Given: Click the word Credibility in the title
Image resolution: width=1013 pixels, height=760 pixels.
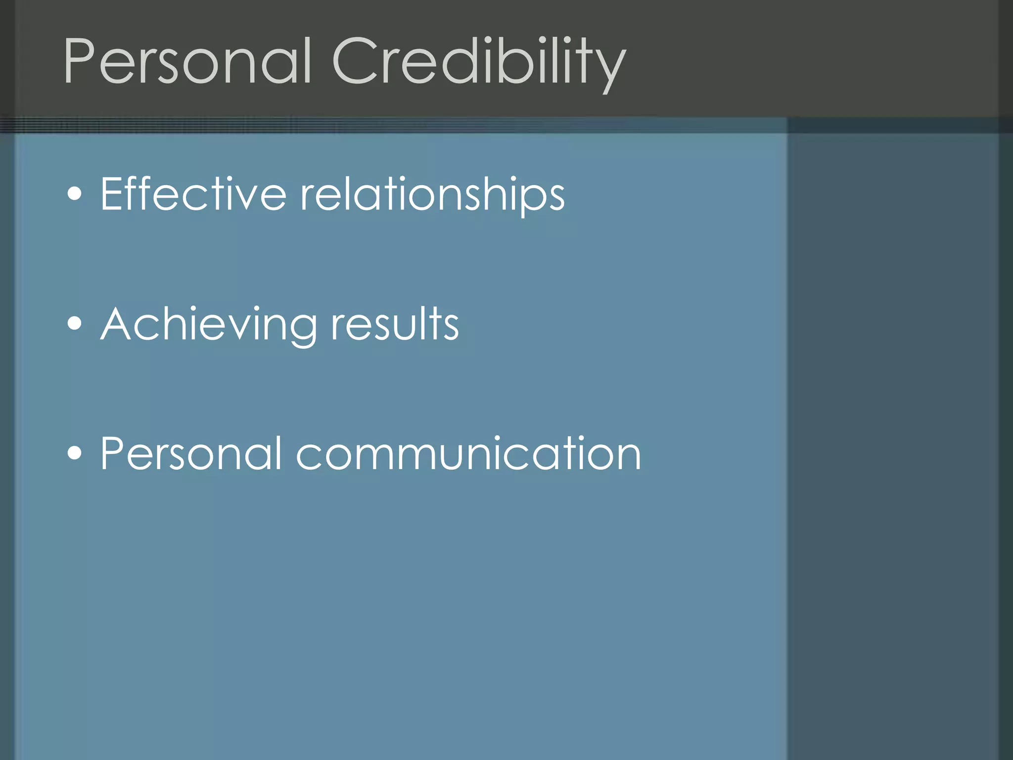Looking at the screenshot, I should click(479, 61).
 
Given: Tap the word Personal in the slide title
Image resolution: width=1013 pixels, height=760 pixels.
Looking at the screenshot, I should click(188, 61).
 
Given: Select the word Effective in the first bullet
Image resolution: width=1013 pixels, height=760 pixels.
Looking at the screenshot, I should click(193, 194).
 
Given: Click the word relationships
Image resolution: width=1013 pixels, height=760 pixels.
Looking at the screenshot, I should click(432, 195).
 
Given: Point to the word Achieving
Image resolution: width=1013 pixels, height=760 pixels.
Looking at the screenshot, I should click(208, 325).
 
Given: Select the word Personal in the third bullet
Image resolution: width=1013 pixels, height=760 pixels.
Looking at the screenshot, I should click(191, 453).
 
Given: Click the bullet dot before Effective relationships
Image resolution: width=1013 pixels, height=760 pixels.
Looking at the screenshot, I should click(75, 194).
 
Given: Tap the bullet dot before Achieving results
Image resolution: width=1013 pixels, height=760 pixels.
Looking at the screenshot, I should click(75, 324).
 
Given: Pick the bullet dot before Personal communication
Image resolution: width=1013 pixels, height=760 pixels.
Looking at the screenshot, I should click(75, 453).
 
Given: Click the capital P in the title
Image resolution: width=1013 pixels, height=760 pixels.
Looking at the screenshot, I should click(79, 61).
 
